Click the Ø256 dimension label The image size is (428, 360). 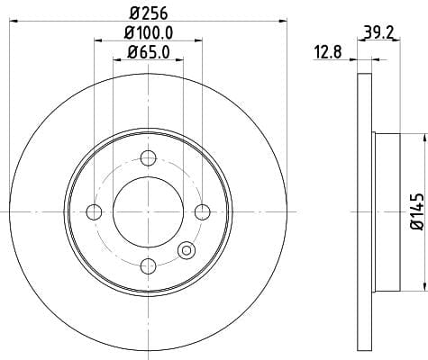tap(149, 13)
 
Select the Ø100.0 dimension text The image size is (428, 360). tap(149, 32)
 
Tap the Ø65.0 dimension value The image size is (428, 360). tap(149, 52)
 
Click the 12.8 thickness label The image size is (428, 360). tap(328, 52)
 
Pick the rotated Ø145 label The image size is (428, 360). tap(417, 211)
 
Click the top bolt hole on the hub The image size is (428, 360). tap(149, 158)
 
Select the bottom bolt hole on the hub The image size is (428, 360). tap(149, 266)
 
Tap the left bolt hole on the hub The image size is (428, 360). tap(94, 211)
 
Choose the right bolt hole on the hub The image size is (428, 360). tap(203, 211)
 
